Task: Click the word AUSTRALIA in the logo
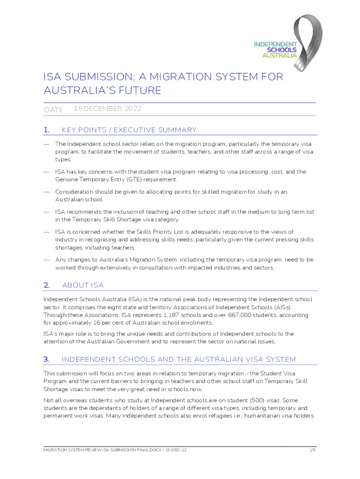point(279,55)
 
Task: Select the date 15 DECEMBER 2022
point(108,109)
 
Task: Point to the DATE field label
point(53,110)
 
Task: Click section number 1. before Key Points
point(47,130)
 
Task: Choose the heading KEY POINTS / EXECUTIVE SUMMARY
point(129,130)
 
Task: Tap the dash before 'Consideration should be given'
point(47,192)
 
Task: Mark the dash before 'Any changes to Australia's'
point(47,260)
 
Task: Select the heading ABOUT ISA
point(83,285)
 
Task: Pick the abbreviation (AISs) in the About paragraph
point(281,307)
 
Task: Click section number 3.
point(47,360)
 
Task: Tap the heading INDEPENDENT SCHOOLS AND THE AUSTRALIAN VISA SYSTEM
point(179,360)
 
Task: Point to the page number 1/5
point(312,450)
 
